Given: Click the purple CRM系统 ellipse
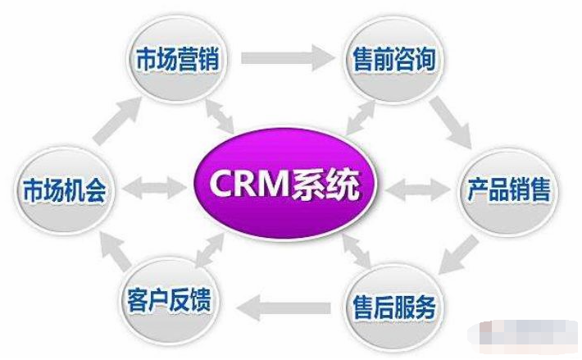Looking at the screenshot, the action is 284,184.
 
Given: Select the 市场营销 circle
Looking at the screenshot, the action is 177,58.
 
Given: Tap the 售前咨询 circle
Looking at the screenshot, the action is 393,58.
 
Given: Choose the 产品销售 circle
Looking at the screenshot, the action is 508,190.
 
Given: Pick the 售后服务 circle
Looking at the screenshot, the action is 394,307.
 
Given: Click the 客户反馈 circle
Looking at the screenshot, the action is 169,299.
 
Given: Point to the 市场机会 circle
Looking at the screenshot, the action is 64,189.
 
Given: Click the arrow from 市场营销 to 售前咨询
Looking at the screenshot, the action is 288,57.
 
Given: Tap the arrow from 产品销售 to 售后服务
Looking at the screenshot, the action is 459,255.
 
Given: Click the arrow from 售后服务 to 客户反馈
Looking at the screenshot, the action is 283,308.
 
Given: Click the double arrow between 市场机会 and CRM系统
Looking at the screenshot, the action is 155,188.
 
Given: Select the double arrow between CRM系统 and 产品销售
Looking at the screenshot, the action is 418,189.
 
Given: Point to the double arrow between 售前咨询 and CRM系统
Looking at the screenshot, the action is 360,117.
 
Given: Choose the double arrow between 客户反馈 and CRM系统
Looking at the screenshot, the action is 210,250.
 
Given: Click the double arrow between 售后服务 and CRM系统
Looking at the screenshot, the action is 357,251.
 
